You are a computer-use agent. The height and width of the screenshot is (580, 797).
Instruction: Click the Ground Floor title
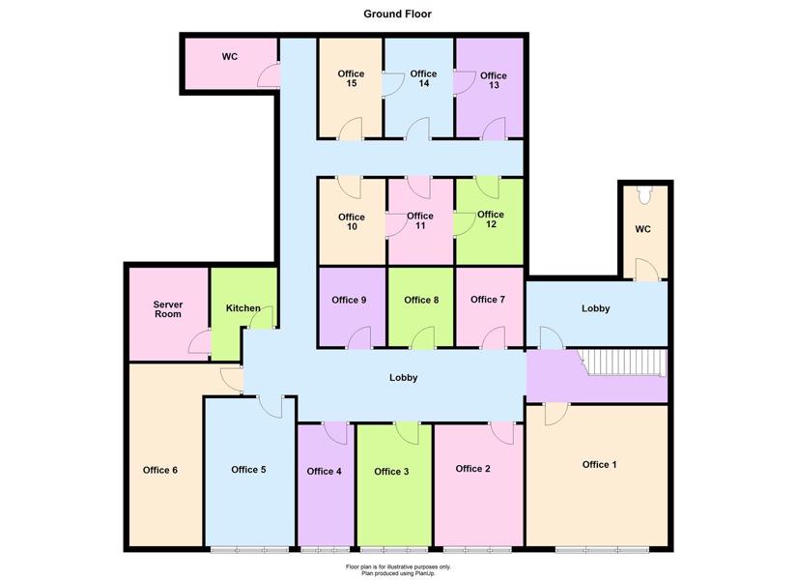[397, 14]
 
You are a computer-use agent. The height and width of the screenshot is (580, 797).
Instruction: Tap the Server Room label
[168, 309]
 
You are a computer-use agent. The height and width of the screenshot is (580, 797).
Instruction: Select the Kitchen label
[242, 307]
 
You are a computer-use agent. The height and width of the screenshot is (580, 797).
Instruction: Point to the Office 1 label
[599, 465]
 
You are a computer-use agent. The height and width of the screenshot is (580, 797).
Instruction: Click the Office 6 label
[160, 470]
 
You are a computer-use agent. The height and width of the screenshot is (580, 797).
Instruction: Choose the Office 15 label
[351, 78]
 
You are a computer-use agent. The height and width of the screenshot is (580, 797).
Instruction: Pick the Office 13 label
[493, 80]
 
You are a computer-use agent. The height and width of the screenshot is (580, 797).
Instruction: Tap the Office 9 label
[349, 301]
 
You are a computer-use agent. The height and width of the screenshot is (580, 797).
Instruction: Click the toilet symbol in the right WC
[644, 195]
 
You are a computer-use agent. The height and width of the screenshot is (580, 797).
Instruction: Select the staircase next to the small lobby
[624, 362]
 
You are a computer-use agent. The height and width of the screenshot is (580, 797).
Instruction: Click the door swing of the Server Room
[199, 341]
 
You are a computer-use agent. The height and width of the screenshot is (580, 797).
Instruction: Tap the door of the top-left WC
[269, 74]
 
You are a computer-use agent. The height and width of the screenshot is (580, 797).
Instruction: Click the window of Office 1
[602, 550]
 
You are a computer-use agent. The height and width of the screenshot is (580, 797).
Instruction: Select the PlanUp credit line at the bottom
[398, 573]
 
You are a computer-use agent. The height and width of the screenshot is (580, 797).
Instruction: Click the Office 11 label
[420, 220]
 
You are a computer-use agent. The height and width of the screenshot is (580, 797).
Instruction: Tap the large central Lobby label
[404, 378]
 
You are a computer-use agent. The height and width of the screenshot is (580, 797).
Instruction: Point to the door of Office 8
[423, 337]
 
